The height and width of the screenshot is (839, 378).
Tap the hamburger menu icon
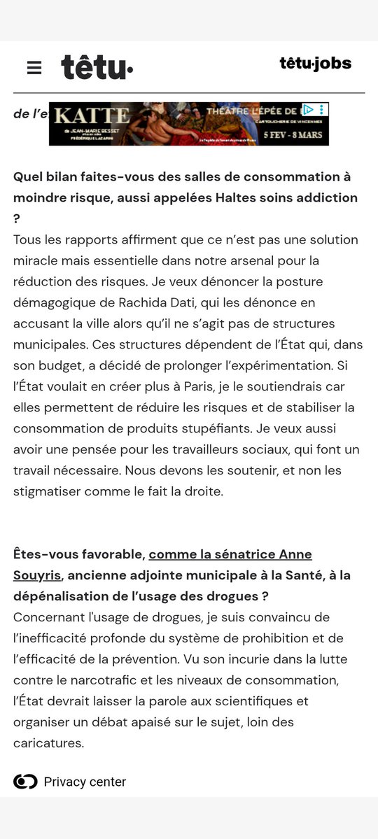[34, 68]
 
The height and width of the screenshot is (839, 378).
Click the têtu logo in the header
[97, 67]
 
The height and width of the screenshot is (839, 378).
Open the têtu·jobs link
[315, 64]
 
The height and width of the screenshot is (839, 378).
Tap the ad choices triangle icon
[307, 110]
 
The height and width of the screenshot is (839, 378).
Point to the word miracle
[40, 261]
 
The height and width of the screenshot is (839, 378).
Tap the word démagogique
[63, 303]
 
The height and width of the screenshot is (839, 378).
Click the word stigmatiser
[45, 492]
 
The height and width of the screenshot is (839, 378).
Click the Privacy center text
[85, 782]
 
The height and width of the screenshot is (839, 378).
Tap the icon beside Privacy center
[25, 782]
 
